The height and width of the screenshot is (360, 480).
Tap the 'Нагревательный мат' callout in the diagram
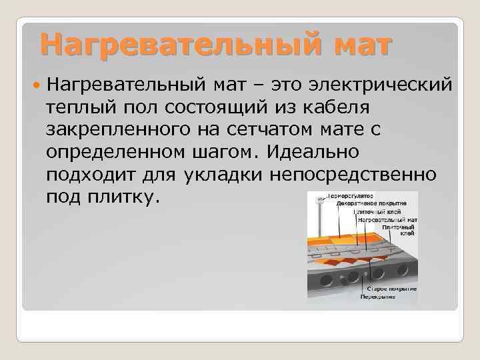(x=387, y=219)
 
